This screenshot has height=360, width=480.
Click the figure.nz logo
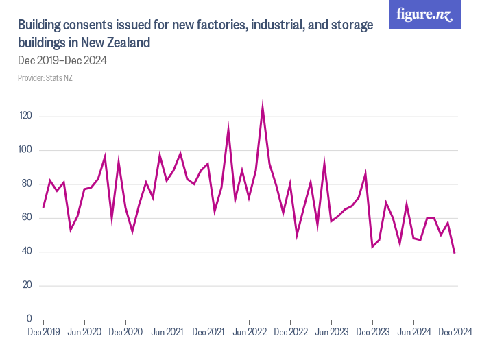(x=424, y=14)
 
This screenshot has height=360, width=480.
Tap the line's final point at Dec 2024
(x=455, y=252)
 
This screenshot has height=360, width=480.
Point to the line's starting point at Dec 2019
(x=43, y=207)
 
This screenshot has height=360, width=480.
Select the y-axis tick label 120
(x=25, y=116)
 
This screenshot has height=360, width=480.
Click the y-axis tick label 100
(x=25, y=150)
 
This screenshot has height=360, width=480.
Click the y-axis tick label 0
(x=29, y=319)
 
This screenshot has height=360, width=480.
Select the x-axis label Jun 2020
(x=84, y=332)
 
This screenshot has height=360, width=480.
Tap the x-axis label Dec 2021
(x=208, y=332)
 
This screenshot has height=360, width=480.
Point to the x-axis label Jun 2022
(x=249, y=332)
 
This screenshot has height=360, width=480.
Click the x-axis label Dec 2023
(x=372, y=332)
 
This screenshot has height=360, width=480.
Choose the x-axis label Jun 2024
(x=413, y=332)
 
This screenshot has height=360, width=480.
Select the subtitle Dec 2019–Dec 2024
(x=62, y=60)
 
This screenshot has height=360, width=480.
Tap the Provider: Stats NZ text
(x=45, y=78)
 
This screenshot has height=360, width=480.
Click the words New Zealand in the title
(x=117, y=43)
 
